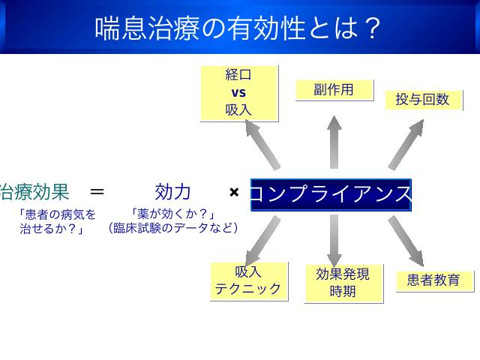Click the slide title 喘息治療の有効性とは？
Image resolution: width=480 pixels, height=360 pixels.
coord(238,28)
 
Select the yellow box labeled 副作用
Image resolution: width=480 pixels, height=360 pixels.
coord(334,90)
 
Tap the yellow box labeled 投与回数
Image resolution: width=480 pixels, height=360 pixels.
coord(423,100)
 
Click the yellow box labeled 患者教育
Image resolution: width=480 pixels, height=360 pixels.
coord(434,280)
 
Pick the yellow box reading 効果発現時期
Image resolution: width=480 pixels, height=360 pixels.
coord(343,283)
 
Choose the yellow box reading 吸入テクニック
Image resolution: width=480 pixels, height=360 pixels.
coord(249,281)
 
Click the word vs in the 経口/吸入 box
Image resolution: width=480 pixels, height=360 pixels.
coord(238,92)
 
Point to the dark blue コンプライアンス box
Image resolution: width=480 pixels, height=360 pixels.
coord(331,195)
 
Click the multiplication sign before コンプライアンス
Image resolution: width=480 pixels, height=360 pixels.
coord(234,192)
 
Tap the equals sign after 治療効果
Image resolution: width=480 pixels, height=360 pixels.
coord(97,192)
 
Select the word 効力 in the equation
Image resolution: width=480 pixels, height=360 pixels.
coord(173,192)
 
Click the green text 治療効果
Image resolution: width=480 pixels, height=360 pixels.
coord(34,192)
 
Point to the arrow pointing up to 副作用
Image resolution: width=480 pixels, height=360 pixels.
coord(334,142)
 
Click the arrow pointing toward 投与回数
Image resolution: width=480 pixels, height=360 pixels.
coord(406,145)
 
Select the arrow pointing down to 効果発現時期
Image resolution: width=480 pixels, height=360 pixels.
coord(334,241)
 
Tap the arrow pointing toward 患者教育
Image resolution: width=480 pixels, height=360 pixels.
coord(406,241)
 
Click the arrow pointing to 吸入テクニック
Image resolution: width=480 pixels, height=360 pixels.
coord(263,241)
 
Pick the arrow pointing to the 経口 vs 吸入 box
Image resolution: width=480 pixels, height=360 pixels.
coord(262,145)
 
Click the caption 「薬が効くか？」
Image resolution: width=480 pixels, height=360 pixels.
coord(173,214)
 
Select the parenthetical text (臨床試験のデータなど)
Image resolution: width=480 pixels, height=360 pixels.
coord(173,228)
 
